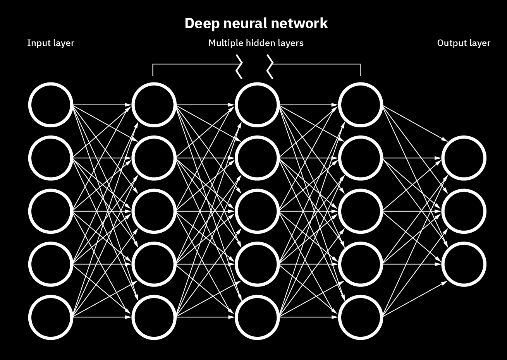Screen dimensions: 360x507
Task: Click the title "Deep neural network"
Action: [x=256, y=23]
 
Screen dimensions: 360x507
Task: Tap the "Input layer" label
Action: [x=50, y=43]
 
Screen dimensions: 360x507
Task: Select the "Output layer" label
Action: [x=464, y=43]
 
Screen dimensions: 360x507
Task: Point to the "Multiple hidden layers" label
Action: [x=256, y=43]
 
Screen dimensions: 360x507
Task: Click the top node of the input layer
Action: [x=50, y=105]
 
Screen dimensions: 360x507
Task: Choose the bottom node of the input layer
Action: [x=50, y=317]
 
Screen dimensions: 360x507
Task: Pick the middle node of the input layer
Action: [x=50, y=211]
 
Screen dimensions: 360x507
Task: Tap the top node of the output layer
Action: [x=464, y=158]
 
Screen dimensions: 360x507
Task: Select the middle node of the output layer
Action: [x=464, y=211]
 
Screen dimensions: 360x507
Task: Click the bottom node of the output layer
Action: [x=464, y=264]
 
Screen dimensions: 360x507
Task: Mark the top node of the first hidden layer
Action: [x=154, y=105]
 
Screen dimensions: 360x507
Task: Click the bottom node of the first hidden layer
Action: [x=154, y=317]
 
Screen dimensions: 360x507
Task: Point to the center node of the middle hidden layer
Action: [x=257, y=211]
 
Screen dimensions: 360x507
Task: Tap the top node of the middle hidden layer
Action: [x=257, y=105]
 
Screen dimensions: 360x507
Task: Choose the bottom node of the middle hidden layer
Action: [x=257, y=317]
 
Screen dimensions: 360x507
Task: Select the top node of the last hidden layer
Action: [x=360, y=105]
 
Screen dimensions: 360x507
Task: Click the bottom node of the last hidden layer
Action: [x=360, y=317]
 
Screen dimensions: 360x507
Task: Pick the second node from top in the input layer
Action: [x=50, y=158]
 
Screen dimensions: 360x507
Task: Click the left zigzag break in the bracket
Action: [x=240, y=67]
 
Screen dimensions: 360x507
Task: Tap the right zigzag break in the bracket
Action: [x=270, y=67]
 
